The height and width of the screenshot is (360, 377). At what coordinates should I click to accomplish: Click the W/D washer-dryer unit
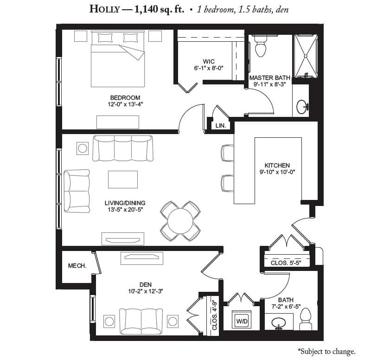click(x=242, y=320)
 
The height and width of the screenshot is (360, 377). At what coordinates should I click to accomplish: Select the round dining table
click(x=180, y=221)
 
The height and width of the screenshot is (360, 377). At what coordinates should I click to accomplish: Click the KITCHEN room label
click(x=277, y=166)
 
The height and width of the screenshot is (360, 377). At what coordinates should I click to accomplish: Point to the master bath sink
click(x=302, y=107)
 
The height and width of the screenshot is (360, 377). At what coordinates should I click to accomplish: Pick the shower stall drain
click(x=306, y=56)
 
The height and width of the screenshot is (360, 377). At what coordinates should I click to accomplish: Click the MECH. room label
click(x=77, y=266)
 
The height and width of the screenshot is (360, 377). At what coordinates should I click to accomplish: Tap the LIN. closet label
click(x=220, y=126)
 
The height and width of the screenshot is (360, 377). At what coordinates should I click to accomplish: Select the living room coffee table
click(x=122, y=180)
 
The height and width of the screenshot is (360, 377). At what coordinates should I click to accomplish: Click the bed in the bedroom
click(x=118, y=59)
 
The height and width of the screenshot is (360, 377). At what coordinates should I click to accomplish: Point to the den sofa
click(x=141, y=321)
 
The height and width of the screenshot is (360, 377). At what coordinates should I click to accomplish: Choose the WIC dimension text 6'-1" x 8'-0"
click(x=209, y=68)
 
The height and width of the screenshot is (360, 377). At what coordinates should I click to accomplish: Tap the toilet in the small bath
click(x=306, y=319)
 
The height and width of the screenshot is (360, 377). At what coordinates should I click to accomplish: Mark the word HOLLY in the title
click(x=105, y=9)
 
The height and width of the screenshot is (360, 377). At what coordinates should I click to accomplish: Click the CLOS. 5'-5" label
click(x=286, y=263)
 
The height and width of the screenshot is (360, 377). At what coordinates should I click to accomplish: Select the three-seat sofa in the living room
click(x=122, y=148)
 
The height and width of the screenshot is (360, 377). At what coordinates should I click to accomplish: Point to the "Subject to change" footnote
click(x=326, y=351)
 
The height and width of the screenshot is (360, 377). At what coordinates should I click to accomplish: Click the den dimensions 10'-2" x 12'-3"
click(x=146, y=291)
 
